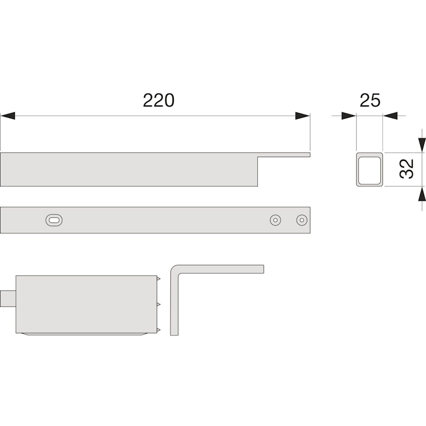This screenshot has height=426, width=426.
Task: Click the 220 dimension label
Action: (x=158, y=101)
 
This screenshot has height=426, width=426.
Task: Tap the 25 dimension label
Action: (x=370, y=101)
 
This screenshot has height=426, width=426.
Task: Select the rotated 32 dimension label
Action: (x=407, y=169)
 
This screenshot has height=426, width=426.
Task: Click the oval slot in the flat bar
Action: (x=54, y=220)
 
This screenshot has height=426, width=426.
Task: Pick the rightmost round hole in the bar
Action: (x=302, y=220)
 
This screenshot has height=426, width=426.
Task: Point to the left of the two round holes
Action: (x=275, y=220)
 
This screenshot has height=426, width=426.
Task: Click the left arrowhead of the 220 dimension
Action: (x=7, y=116)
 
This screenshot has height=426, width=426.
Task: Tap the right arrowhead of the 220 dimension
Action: (x=302, y=116)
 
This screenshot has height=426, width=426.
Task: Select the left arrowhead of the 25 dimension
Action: (x=349, y=116)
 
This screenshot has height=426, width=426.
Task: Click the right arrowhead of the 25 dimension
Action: (x=390, y=116)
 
